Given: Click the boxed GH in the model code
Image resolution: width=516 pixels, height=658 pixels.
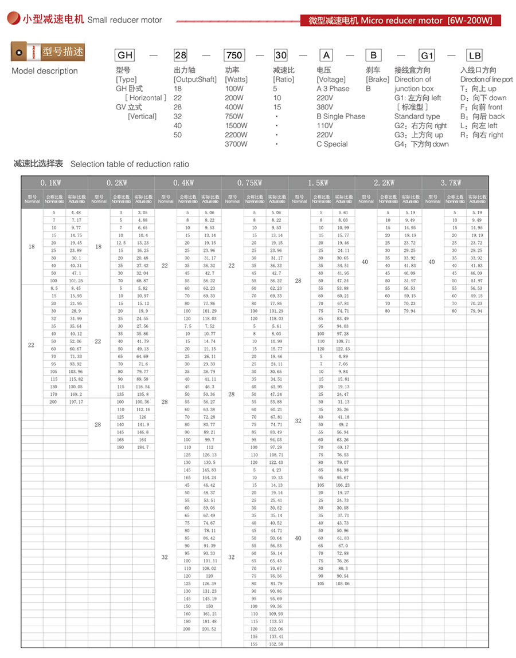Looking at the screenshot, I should click(125, 56).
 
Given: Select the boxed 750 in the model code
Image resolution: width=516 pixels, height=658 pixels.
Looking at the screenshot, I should click(234, 56).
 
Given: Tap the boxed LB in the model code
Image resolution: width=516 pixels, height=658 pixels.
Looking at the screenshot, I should click(475, 56).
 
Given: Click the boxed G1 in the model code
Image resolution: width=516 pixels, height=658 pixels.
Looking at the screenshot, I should click(427, 56).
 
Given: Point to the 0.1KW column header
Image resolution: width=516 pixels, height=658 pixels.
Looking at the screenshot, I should click(54, 183).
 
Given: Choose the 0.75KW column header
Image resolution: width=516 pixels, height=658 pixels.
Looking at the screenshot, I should click(255, 183).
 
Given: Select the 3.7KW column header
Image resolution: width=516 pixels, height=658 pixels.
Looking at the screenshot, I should click(455, 183).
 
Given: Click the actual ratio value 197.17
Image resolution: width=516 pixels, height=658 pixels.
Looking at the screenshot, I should click(76, 402).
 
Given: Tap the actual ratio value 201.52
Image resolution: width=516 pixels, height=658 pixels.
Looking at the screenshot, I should click(209, 629).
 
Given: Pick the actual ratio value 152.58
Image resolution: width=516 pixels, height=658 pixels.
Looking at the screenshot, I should click(276, 644).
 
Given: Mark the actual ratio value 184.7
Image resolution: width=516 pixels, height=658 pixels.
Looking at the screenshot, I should click(143, 447).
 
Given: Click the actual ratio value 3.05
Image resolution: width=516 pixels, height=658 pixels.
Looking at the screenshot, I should click(143, 212).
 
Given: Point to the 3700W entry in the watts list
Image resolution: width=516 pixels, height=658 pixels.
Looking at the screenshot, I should click(236, 144).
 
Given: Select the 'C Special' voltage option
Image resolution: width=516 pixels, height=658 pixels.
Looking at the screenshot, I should click(332, 144).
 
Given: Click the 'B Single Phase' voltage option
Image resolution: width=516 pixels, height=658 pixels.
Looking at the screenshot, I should click(341, 116).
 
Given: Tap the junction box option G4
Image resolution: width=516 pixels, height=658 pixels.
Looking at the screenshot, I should click(421, 144).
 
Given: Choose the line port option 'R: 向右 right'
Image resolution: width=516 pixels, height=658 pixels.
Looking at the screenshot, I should click(482, 135).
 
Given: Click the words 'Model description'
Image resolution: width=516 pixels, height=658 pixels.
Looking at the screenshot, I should click(45, 71).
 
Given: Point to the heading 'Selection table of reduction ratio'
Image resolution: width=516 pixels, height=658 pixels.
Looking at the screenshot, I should click(130, 164).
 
